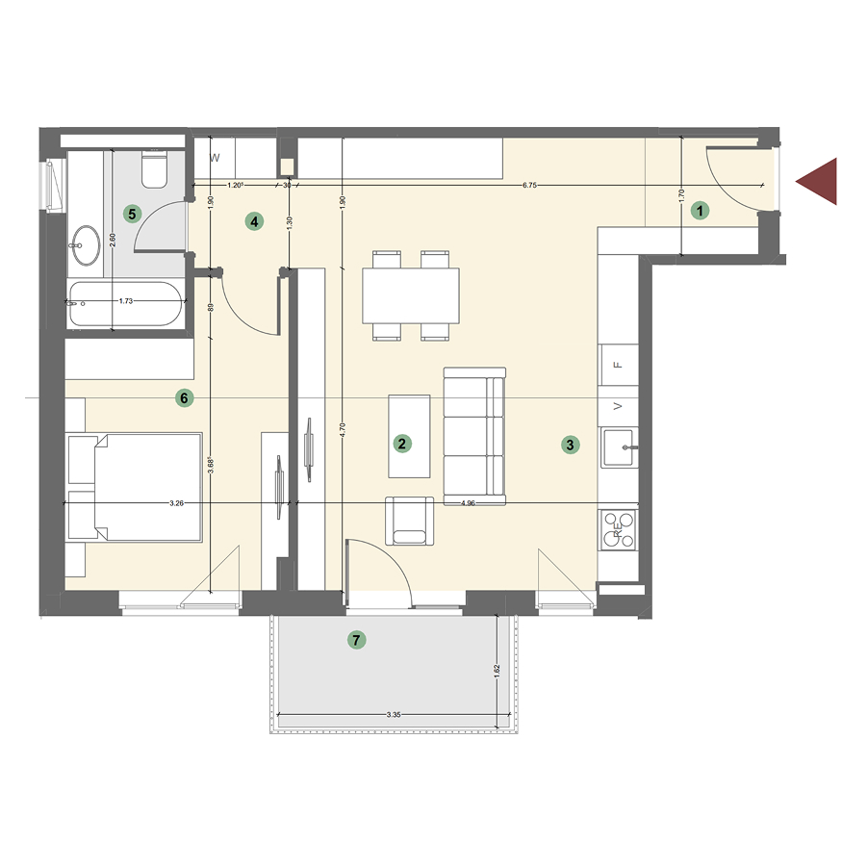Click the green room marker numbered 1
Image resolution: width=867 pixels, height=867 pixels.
point(701,210)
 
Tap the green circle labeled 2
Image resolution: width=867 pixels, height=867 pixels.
point(403,444)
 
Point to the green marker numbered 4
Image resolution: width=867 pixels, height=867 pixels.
point(254,222)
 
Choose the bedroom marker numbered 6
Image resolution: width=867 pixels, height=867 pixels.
point(185,396)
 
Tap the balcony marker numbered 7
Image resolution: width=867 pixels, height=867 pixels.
point(357,639)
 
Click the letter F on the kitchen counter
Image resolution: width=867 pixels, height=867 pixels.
point(619,365)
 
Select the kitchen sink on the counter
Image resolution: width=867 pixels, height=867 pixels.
point(620,447)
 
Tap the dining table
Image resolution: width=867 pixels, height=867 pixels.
point(411,295)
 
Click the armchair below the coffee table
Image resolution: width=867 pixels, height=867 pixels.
point(409,520)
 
